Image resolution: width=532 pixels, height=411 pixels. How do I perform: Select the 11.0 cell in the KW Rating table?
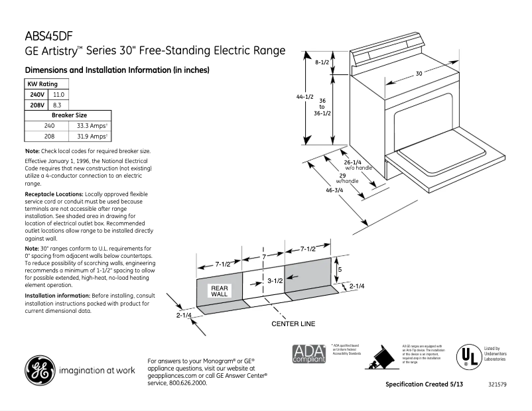pos(58,95)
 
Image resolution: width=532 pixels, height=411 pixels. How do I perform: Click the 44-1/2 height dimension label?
pos(304,97)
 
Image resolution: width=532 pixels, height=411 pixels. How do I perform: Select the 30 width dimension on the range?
pos(419,74)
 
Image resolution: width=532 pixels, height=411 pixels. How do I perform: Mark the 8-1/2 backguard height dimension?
pos(322,62)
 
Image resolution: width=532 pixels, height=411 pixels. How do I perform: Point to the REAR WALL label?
pos(219,290)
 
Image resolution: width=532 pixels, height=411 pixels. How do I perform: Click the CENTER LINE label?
pos(293,323)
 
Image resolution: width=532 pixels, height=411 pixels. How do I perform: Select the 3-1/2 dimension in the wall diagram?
pos(275,281)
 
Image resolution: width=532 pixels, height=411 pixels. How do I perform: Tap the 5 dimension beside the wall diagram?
pos(340,270)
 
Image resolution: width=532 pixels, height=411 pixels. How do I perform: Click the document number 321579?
pos(498,384)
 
